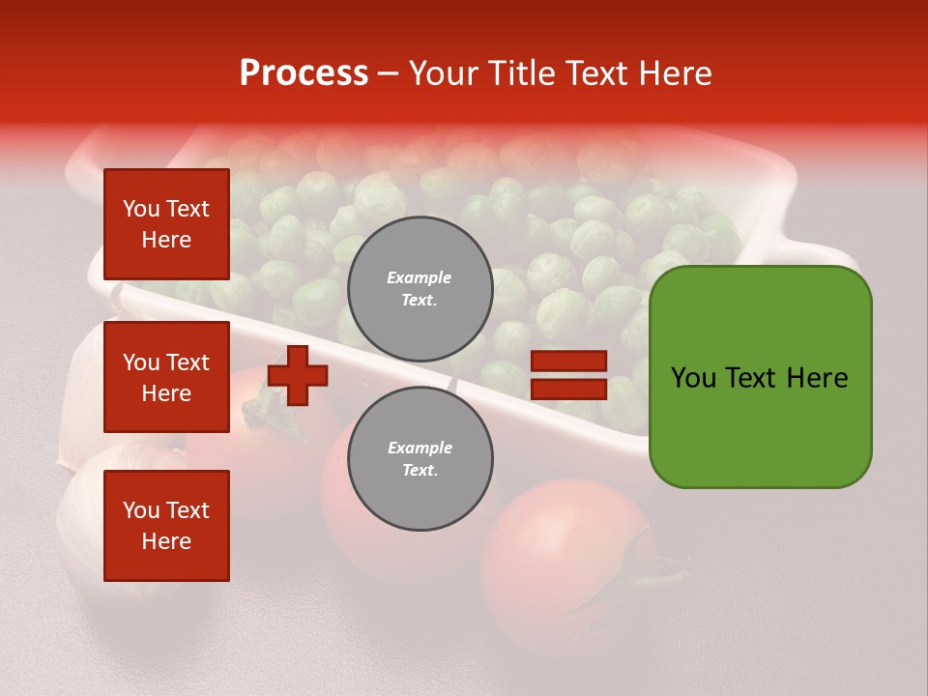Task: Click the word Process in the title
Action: coord(304,73)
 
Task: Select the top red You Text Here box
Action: coord(166,224)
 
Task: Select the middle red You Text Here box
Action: coord(166,377)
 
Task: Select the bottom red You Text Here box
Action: coord(166,526)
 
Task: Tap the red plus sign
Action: coord(298,376)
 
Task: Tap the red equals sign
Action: coord(569,376)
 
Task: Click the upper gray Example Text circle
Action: coord(420,289)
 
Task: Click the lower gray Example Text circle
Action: coord(420,459)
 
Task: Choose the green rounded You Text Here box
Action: coord(760,377)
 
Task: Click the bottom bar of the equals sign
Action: coord(569,390)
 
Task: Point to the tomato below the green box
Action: coord(561,561)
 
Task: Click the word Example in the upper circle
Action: coord(419,278)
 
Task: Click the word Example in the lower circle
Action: coord(419,449)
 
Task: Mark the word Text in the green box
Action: coord(750,378)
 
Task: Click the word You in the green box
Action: coord(693,378)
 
